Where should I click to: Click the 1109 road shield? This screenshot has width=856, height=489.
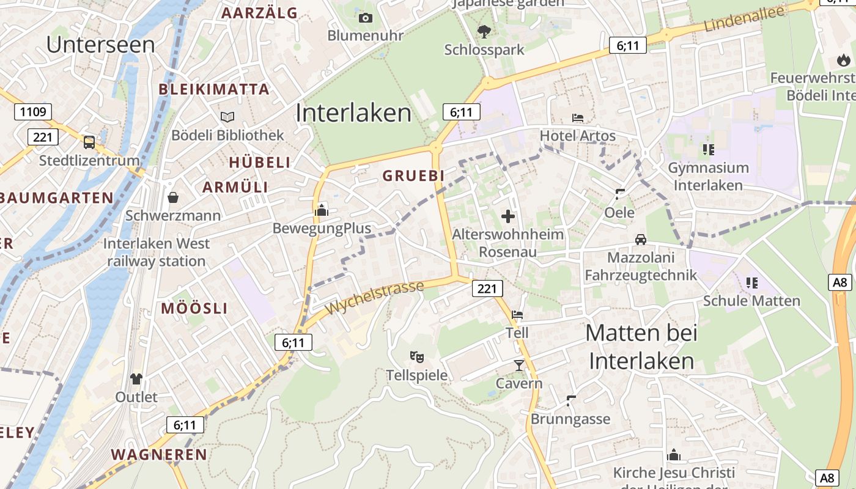[x=33, y=111]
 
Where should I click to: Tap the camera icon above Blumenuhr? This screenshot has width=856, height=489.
[x=366, y=18]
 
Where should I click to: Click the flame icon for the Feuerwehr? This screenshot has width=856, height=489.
[x=844, y=60]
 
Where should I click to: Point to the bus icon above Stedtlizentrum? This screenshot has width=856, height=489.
[x=89, y=142]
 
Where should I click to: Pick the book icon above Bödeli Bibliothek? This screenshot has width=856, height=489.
[x=227, y=117]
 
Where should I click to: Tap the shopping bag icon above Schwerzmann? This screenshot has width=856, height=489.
[x=173, y=197]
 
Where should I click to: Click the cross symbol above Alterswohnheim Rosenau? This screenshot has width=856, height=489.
[x=508, y=216]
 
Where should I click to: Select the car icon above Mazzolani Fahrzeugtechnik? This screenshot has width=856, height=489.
[x=641, y=240]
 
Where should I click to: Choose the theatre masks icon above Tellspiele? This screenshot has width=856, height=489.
[x=417, y=356]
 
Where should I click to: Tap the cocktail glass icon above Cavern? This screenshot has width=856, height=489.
[x=519, y=366]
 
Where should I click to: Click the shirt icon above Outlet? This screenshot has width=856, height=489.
[x=136, y=379]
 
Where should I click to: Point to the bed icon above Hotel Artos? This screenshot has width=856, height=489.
[x=578, y=117]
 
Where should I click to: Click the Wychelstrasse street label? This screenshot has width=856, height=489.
[x=375, y=298]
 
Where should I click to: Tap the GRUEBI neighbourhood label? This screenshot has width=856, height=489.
[x=413, y=175]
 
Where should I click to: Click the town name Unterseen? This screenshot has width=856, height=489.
[x=100, y=44]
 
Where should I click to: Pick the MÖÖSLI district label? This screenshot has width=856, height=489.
[x=194, y=308]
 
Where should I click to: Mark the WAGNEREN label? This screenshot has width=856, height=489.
[x=159, y=454]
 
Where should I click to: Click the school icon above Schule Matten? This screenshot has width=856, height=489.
[x=752, y=282]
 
